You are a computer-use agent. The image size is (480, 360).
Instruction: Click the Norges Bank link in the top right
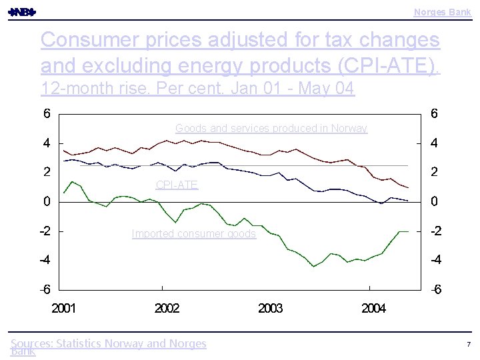coord(442,12)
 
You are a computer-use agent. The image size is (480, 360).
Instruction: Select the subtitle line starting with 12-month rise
coord(197,88)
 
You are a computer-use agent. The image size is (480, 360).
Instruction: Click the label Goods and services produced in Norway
coord(271,128)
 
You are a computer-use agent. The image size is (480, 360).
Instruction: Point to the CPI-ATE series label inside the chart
coord(177,185)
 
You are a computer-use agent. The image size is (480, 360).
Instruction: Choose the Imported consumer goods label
coord(193,233)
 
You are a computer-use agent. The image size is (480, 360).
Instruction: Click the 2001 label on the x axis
coord(64,308)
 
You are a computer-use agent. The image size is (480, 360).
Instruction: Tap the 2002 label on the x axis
coord(167,308)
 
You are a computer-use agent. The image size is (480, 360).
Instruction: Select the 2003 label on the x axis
coord(270,308)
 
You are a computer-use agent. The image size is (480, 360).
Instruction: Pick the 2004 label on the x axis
coord(373,308)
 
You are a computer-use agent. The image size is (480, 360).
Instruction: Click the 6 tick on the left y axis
coord(46,114)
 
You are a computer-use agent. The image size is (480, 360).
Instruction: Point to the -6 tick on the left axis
coord(44,290)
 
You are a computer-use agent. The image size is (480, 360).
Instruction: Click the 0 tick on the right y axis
coord(434,201)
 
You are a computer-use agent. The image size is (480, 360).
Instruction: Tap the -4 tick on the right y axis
coord(435,260)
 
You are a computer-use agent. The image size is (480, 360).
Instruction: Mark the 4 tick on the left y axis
coord(46,143)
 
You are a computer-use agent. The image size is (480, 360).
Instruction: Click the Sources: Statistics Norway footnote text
coord(109,344)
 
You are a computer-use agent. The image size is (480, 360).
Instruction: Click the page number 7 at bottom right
coord(469,344)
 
